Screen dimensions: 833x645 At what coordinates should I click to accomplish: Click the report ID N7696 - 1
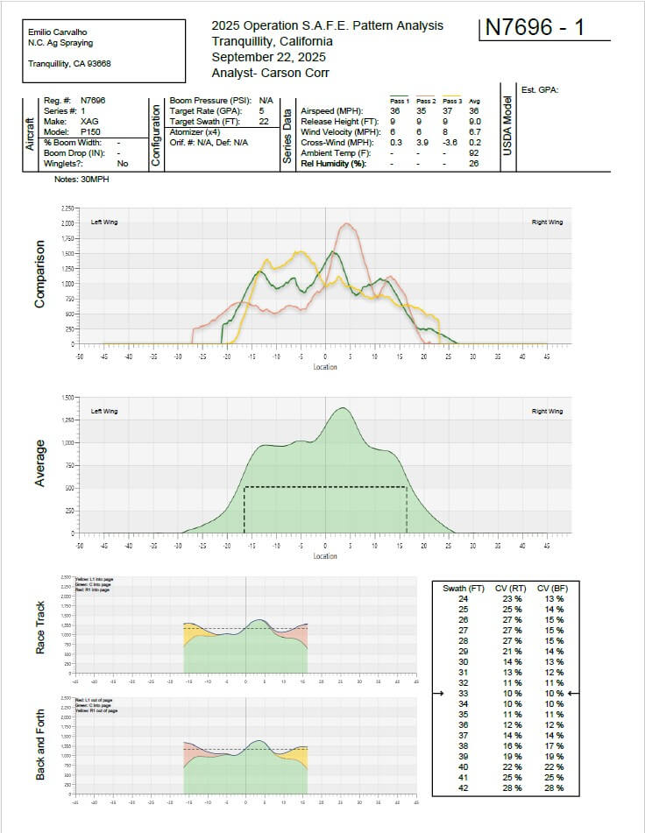[x=534, y=28]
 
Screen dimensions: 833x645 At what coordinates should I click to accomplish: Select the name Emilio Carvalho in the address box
[x=59, y=32]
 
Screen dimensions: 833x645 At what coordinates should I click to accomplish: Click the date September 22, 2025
[x=268, y=56]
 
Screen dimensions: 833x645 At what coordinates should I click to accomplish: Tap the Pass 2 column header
[x=427, y=101]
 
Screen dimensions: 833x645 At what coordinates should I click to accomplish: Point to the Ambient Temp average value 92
[x=473, y=152]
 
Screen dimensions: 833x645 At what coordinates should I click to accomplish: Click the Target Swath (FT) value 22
[x=262, y=121]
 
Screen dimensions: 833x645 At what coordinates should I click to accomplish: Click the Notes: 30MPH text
[x=82, y=179]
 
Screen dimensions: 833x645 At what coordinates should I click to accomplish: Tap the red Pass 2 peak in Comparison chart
[x=348, y=224]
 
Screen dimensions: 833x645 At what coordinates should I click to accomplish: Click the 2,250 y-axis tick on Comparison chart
[x=67, y=208]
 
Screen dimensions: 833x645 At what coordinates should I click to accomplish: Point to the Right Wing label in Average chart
[x=546, y=412]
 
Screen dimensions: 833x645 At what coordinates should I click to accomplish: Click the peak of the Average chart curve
[x=342, y=408]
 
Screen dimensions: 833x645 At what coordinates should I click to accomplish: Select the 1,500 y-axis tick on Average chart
[x=67, y=397]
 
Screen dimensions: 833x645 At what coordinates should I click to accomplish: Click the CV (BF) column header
[x=552, y=589]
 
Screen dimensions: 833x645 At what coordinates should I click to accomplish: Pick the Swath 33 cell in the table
[x=464, y=693]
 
